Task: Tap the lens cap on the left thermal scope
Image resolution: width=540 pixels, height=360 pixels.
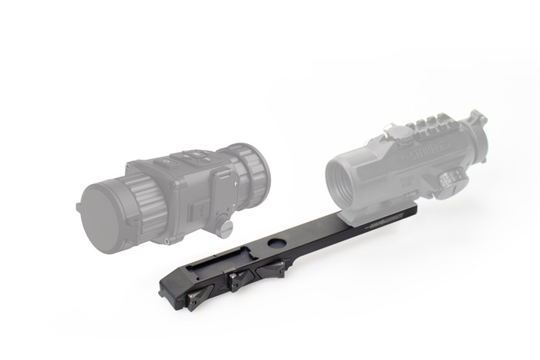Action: (x=103, y=214)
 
